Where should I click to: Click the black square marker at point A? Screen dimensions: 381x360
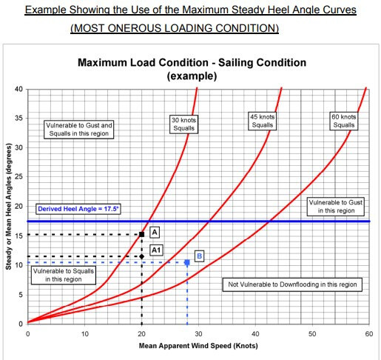(x=141, y=234)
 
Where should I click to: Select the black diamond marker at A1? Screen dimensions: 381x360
(x=141, y=256)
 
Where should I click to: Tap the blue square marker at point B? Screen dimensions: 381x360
(x=187, y=262)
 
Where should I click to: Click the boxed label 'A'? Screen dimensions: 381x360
(x=155, y=233)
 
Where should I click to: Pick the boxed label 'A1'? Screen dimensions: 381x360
(x=156, y=250)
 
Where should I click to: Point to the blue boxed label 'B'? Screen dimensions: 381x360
(x=199, y=256)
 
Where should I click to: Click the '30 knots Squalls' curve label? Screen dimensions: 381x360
(x=183, y=124)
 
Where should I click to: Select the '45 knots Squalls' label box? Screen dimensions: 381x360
(x=263, y=121)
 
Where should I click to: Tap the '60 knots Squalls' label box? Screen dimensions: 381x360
(x=344, y=121)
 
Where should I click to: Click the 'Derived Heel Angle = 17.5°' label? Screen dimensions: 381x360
(x=78, y=209)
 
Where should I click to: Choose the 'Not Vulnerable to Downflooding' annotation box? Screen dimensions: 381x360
(x=292, y=284)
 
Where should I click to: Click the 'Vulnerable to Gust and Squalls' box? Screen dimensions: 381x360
(x=79, y=130)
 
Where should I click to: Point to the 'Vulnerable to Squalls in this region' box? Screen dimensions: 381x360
(x=64, y=275)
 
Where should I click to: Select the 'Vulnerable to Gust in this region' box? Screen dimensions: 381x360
(x=336, y=207)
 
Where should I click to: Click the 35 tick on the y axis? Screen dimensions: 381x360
(x=19, y=119)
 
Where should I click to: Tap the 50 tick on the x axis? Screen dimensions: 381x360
(x=312, y=334)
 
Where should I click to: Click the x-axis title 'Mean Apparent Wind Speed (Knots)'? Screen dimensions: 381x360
(x=198, y=346)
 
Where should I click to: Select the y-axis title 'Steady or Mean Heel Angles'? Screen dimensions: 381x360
(x=8, y=206)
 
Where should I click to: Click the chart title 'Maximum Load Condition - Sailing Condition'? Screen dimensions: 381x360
(x=192, y=62)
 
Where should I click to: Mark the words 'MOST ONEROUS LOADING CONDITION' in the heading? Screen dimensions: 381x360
(x=175, y=28)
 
